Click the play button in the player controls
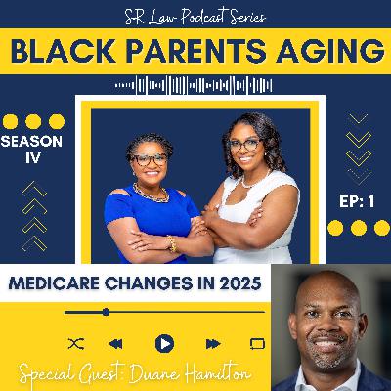pyautogui.click(x=164, y=344)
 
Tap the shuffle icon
pyautogui.click(x=76, y=344)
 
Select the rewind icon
pyautogui.click(x=115, y=344)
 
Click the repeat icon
pyautogui.click(x=257, y=344)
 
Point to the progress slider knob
pyautogui.click(x=106, y=312)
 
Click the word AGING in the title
pyautogui.click(x=329, y=52)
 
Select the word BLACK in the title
pyautogui.click(x=63, y=52)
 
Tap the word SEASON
pyautogui.click(x=31, y=142)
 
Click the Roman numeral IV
pyautogui.click(x=33, y=158)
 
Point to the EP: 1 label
pyautogui.click(x=357, y=202)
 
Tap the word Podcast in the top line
pyautogui.click(x=203, y=18)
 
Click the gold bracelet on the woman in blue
pyautogui.click(x=172, y=243)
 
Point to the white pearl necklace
pyautogui.click(x=253, y=181)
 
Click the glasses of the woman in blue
pyautogui.click(x=150, y=159)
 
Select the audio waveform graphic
pyautogui.click(x=194, y=85)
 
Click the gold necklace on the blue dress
pyautogui.click(x=151, y=194)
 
